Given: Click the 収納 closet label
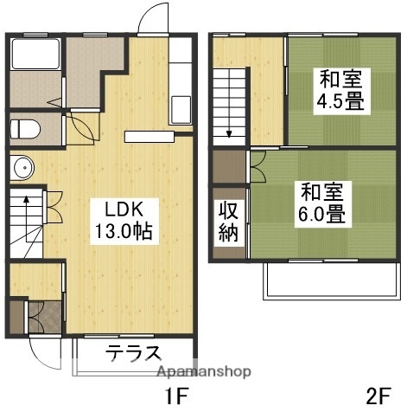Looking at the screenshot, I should tap(228, 222).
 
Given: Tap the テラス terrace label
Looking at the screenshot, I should tap(134, 353).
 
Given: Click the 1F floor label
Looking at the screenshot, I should tap(175, 398).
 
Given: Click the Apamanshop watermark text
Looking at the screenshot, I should tap(202, 370).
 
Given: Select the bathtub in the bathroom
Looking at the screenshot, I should tap(35, 60).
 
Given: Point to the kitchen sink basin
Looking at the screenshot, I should tap(181, 110).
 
